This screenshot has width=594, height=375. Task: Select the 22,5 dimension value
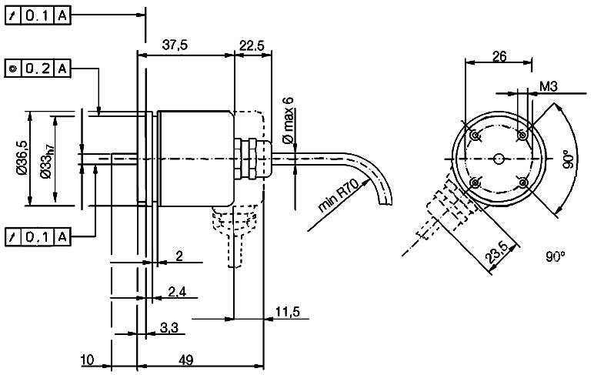pyautogui.click(x=252, y=45)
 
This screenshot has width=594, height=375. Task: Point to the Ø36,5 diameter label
pyautogui.click(x=23, y=160)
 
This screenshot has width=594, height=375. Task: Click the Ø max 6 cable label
pyautogui.click(x=289, y=120)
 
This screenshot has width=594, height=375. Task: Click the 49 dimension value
pyautogui.click(x=185, y=360)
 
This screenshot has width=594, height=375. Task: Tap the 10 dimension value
pyautogui.click(x=86, y=360)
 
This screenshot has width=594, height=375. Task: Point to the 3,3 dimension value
pyautogui.click(x=169, y=328)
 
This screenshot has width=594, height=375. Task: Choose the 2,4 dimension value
pyautogui.click(x=178, y=292)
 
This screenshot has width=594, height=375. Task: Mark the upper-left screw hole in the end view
pyautogui.click(x=475, y=136)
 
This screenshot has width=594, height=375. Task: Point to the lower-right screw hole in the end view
pyautogui.click(x=522, y=182)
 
